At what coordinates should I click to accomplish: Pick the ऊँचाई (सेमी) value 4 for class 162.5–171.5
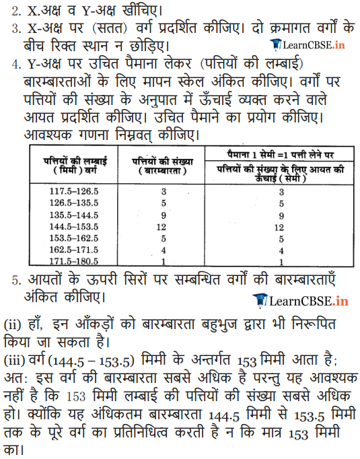(281, 249)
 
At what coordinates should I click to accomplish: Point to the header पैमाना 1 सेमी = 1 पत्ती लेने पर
(281, 154)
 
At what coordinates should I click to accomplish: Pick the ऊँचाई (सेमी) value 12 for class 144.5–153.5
(281, 226)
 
